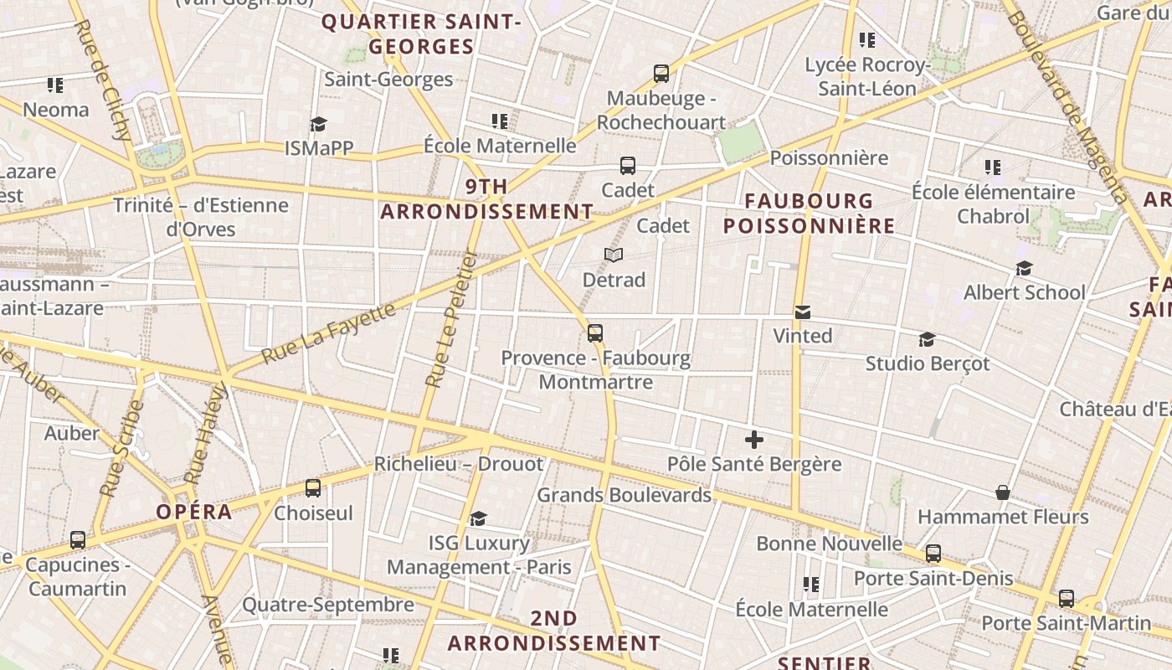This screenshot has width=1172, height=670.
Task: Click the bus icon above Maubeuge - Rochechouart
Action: [x=661, y=74]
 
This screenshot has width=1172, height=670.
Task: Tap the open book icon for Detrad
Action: [x=614, y=255]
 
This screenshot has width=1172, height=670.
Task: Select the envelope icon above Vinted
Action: [x=803, y=312]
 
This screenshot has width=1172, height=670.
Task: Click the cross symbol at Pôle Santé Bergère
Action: [x=754, y=439]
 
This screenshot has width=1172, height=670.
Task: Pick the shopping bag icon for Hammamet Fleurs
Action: [x=1003, y=492]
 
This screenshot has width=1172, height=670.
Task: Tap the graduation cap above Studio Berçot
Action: [x=927, y=339]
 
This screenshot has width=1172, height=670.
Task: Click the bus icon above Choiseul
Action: [x=313, y=487]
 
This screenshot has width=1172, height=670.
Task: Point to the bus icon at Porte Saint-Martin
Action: [x=1066, y=599]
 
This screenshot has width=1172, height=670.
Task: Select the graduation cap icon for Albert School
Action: [x=1024, y=268]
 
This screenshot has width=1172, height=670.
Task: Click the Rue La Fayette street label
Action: [x=328, y=333]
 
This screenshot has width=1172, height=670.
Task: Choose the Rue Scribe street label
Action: [x=122, y=448]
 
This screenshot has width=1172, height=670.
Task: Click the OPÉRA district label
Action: [x=194, y=512]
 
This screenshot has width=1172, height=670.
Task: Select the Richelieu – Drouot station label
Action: [x=458, y=463]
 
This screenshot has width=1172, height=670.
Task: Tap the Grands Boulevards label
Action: [x=624, y=495]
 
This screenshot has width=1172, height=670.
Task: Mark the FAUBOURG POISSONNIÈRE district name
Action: [x=809, y=214]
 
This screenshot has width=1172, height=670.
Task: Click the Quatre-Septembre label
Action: [x=328, y=604]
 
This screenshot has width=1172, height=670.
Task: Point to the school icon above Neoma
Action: [x=55, y=85]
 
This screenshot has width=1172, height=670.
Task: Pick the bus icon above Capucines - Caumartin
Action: [x=78, y=540]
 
